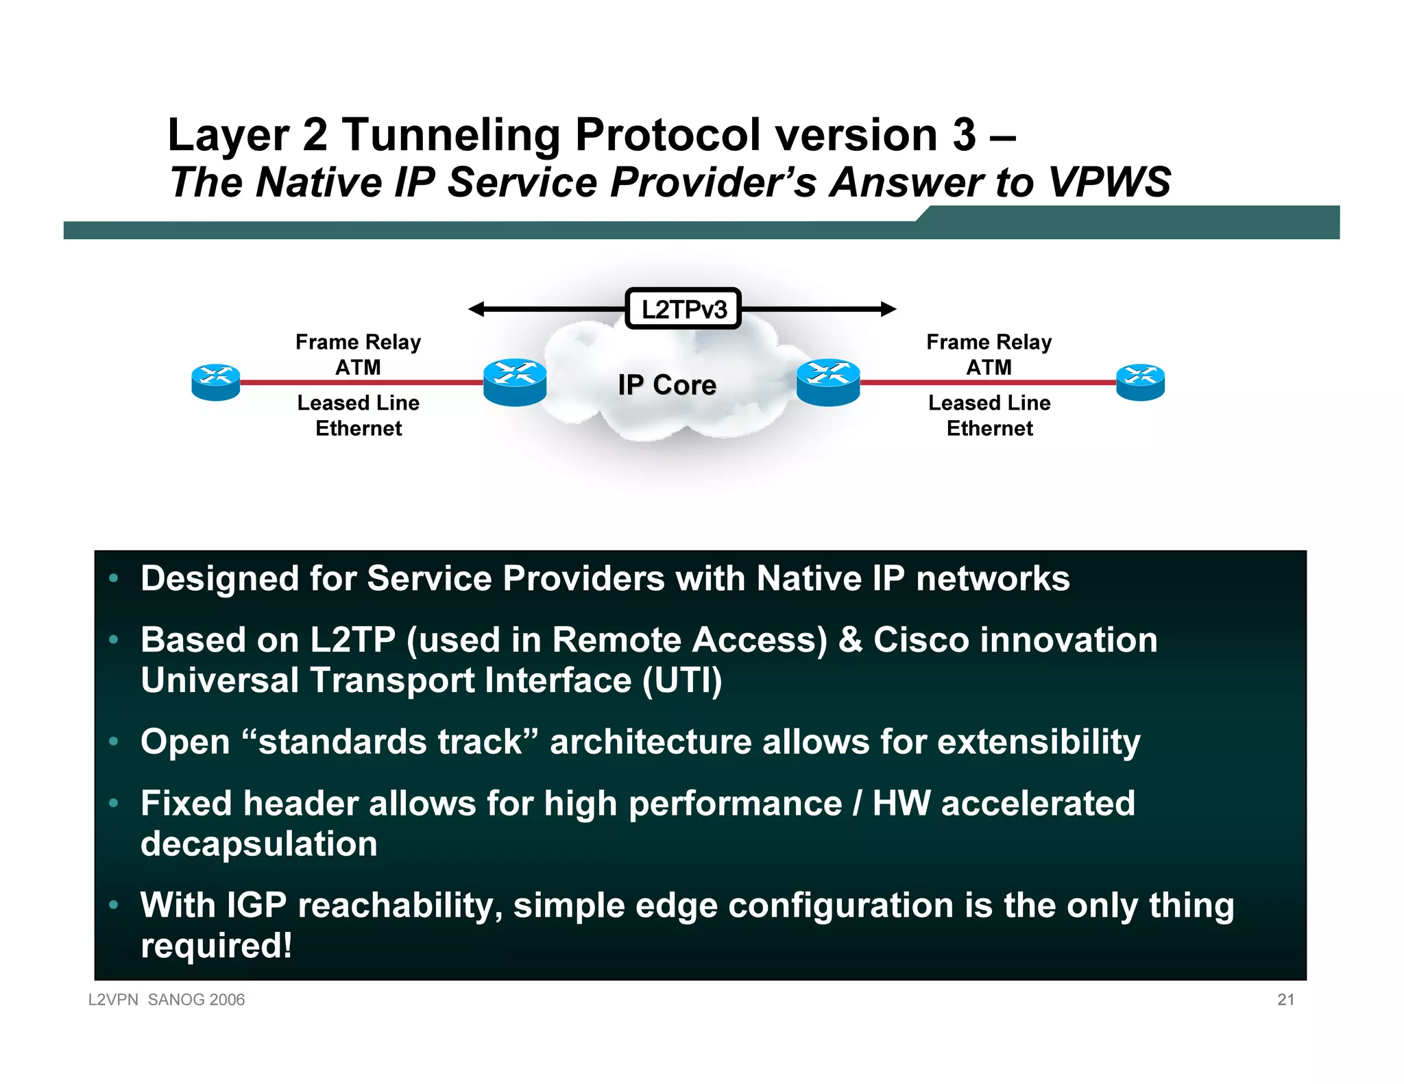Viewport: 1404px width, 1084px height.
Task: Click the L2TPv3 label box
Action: tap(683, 309)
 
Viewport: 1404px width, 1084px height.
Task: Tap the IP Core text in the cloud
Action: tap(666, 385)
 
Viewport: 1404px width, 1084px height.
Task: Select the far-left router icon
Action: tap(216, 382)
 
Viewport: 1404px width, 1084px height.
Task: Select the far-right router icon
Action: tap(1140, 382)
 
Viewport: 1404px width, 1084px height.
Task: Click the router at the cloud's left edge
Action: tap(515, 382)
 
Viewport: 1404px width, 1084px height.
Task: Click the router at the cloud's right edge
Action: tap(828, 382)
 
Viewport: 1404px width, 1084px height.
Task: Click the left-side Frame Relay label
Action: tap(358, 342)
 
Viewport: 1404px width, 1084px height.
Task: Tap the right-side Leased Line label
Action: tap(989, 403)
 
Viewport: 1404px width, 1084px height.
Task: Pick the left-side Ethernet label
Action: tap(359, 428)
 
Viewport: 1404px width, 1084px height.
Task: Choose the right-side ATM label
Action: tap(989, 367)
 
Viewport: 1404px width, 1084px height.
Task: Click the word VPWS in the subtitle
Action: tap(1109, 182)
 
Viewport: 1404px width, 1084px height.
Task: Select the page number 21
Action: tap(1285, 1000)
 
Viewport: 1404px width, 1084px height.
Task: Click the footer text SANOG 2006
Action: tap(196, 1000)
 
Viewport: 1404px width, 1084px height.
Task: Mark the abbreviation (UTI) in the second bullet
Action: tap(682, 680)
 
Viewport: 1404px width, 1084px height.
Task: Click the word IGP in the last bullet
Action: tap(256, 905)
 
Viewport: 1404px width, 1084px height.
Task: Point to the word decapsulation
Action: tap(259, 844)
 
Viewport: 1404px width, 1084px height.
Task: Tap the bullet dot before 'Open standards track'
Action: tap(114, 741)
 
